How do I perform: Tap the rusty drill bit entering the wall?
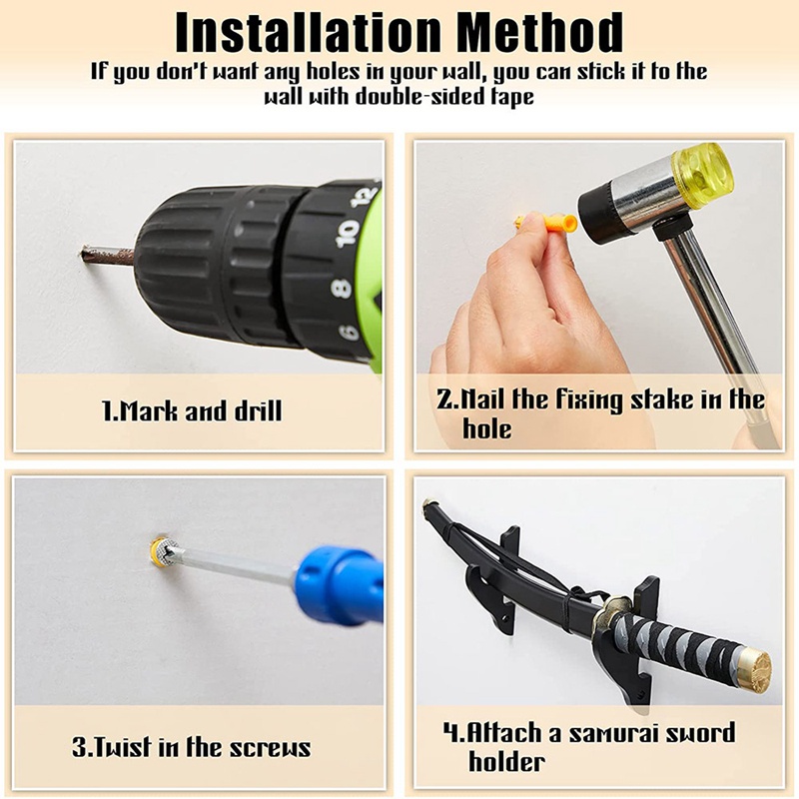(x=108, y=255)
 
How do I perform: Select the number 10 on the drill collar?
(x=348, y=233)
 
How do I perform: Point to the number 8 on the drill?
(x=342, y=289)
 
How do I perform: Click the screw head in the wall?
(x=164, y=552)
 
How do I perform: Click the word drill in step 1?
(x=258, y=410)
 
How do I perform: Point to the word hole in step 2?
(x=486, y=428)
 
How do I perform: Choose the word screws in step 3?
(x=270, y=747)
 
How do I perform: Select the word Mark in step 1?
(x=148, y=410)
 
